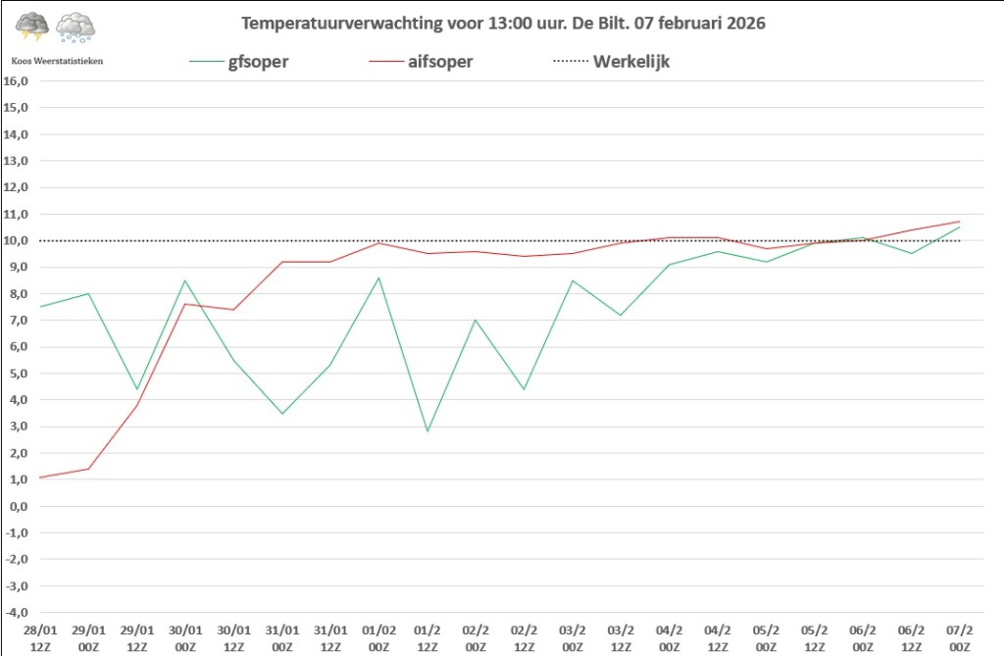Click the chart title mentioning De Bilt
[502, 22]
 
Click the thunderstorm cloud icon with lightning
[32, 27]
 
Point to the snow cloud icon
[75, 27]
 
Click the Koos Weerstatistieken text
[57, 61]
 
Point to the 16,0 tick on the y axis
[18, 80]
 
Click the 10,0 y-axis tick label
[18, 240]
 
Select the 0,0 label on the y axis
[18, 506]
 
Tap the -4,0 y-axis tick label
[18, 613]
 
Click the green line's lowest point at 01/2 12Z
[427, 431]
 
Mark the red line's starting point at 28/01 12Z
[40, 478]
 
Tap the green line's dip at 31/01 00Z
[282, 414]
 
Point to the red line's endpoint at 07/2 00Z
[959, 222]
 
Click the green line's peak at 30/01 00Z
[185, 280]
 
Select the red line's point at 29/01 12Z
[137, 405]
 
